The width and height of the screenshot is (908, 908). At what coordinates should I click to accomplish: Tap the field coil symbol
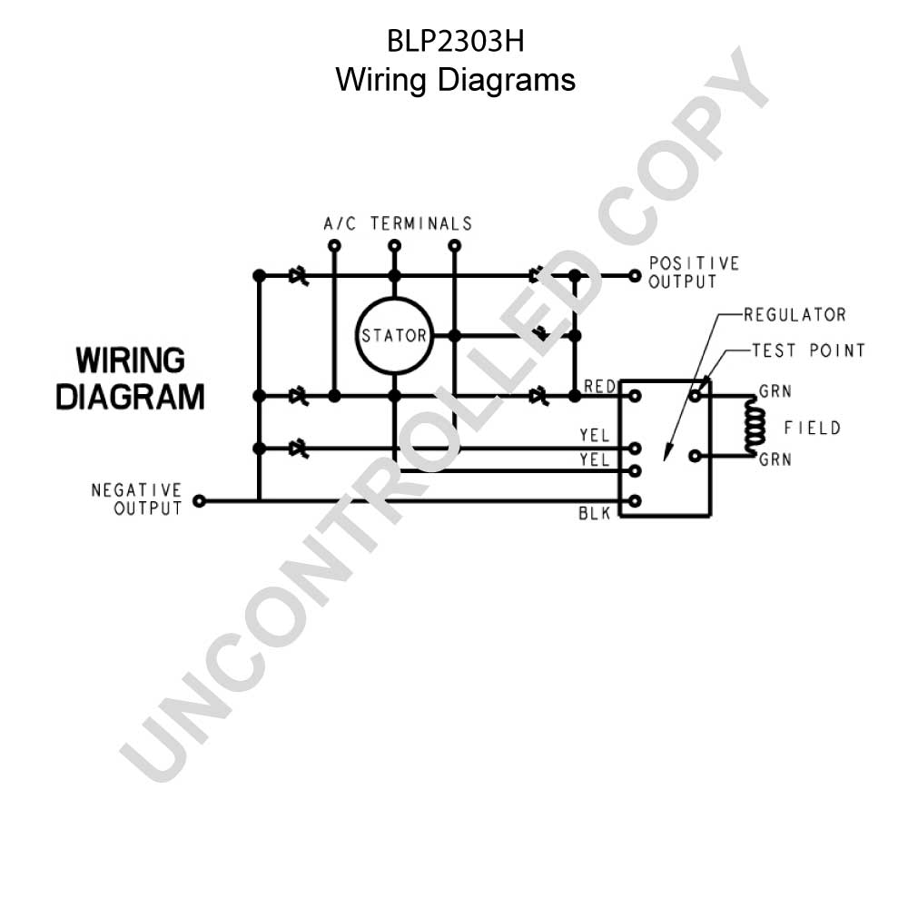[x=755, y=427]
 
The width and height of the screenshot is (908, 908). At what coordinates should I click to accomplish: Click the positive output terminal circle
[x=635, y=276]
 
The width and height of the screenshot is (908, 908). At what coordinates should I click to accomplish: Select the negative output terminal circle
[x=199, y=501]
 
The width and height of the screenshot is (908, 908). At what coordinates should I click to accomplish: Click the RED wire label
[x=599, y=386]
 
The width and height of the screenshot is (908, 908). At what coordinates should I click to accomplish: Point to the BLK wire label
[x=595, y=513]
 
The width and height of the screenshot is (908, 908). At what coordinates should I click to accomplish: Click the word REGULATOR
[x=794, y=315]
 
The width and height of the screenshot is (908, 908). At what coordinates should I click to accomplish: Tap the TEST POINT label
[x=808, y=350]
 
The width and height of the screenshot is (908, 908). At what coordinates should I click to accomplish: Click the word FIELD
[x=812, y=428]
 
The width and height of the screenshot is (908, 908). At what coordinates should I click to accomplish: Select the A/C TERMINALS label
[x=398, y=223]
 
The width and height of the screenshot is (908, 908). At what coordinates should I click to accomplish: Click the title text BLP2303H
[x=455, y=42]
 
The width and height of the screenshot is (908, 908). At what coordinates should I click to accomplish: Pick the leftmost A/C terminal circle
[x=334, y=245]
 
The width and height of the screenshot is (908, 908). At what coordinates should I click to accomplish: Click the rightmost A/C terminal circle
[x=455, y=245]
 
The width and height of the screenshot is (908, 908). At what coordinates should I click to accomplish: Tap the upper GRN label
[x=775, y=391]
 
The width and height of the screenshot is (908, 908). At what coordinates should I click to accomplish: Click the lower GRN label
[x=775, y=459]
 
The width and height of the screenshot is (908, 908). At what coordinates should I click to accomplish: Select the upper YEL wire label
[x=595, y=436]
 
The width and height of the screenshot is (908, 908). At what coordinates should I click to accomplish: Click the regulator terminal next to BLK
[x=635, y=501]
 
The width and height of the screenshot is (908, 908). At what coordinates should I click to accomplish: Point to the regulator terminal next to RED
[x=635, y=396]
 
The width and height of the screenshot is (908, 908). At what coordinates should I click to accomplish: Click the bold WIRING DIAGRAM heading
[x=130, y=378]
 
